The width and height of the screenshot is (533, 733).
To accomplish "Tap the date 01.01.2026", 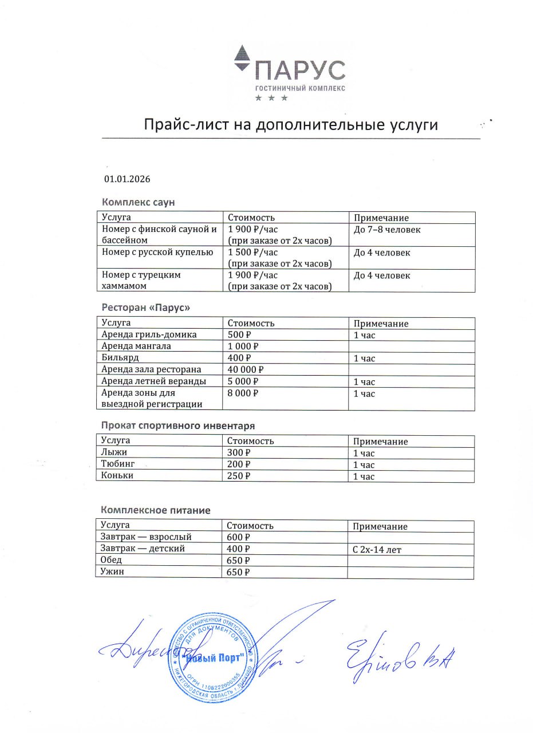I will [127, 179].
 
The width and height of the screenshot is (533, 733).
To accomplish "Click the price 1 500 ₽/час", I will [252, 252].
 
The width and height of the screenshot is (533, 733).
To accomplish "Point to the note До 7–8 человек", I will [386, 230].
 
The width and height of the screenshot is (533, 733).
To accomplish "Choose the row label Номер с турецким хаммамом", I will [141, 280].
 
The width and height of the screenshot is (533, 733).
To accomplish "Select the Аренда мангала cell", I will [136, 346].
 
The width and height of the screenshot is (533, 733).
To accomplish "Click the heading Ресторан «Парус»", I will [145, 308].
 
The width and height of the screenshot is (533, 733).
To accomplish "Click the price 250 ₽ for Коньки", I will [239, 476].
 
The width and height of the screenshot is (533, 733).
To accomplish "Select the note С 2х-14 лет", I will [377, 550].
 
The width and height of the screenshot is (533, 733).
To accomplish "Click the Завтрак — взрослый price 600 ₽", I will [239, 538].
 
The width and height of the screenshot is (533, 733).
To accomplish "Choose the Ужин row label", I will [112, 572].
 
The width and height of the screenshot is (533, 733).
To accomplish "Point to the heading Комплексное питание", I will [156, 510].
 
